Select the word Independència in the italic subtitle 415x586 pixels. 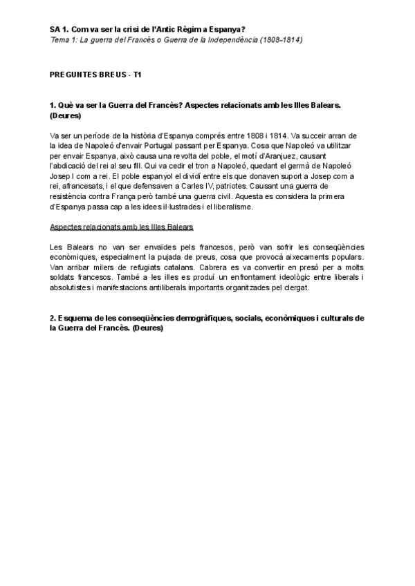click(x=230, y=39)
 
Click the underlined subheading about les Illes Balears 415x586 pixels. click(x=121, y=227)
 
